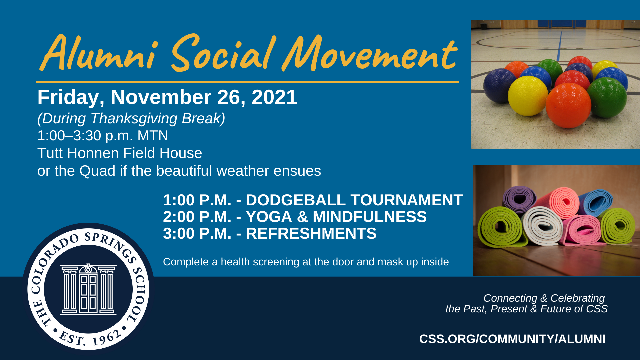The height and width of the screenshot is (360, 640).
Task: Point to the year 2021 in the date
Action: tap(274, 97)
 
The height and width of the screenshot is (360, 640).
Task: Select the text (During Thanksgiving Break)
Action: tap(131, 118)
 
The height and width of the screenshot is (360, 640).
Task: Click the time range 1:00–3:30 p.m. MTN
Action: tap(103, 136)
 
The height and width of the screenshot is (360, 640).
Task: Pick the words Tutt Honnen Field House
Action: tap(120, 153)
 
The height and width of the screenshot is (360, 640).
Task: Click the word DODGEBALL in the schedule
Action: tap(296, 200)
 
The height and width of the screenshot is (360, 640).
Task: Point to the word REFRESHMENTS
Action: tap(311, 233)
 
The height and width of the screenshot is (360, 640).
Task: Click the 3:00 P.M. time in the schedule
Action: tap(197, 233)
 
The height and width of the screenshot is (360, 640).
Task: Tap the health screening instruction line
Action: tap(306, 262)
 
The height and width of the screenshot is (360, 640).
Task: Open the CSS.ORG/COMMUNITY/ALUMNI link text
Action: tap(512, 339)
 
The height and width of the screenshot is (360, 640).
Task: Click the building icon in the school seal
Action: tap(88, 289)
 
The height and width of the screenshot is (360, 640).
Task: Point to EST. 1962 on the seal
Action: tap(89, 337)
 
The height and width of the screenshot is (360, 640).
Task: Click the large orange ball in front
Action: tap(568, 105)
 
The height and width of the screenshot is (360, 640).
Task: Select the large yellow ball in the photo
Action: tap(528, 96)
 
